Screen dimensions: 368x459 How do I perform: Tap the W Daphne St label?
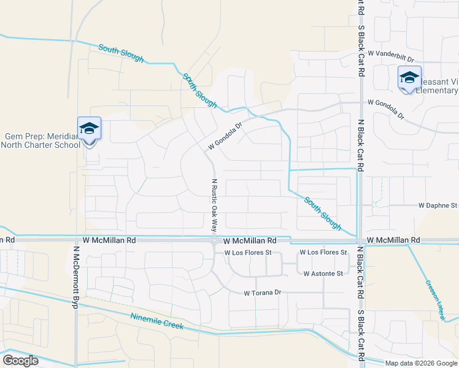click(x=438, y=205)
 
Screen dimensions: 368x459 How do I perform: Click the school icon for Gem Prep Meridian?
click(x=89, y=129)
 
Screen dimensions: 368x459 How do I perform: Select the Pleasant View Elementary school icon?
click(x=409, y=78)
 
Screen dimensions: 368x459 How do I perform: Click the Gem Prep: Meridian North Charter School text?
click(x=42, y=140)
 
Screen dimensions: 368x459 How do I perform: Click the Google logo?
click(x=20, y=361)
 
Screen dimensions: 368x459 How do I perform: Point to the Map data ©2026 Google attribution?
click(x=421, y=363)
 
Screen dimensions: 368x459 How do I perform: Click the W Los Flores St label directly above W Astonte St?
click(x=323, y=252)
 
